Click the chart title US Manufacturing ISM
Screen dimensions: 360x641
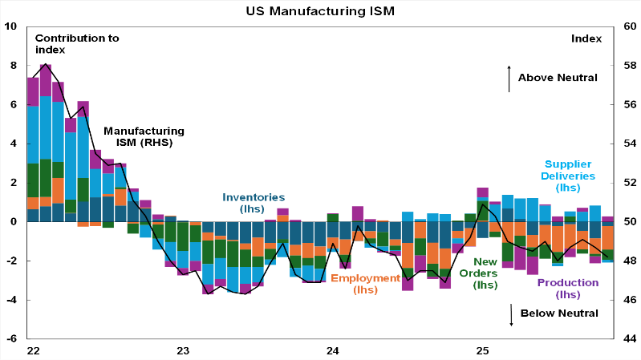[320, 11]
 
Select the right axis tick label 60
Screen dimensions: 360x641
[628, 26]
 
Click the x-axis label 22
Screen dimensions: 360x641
[33, 350]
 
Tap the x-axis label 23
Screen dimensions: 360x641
[183, 350]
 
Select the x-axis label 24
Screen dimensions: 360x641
[333, 350]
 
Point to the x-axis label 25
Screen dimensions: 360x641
[483, 350]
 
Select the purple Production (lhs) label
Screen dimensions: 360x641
[567, 289]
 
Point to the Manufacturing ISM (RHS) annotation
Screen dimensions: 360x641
[144, 136]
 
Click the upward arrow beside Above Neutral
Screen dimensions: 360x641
[509, 78]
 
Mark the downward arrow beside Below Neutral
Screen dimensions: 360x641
[511, 313]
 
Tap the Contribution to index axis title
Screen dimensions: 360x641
[77, 43]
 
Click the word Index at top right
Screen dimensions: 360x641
[586, 38]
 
